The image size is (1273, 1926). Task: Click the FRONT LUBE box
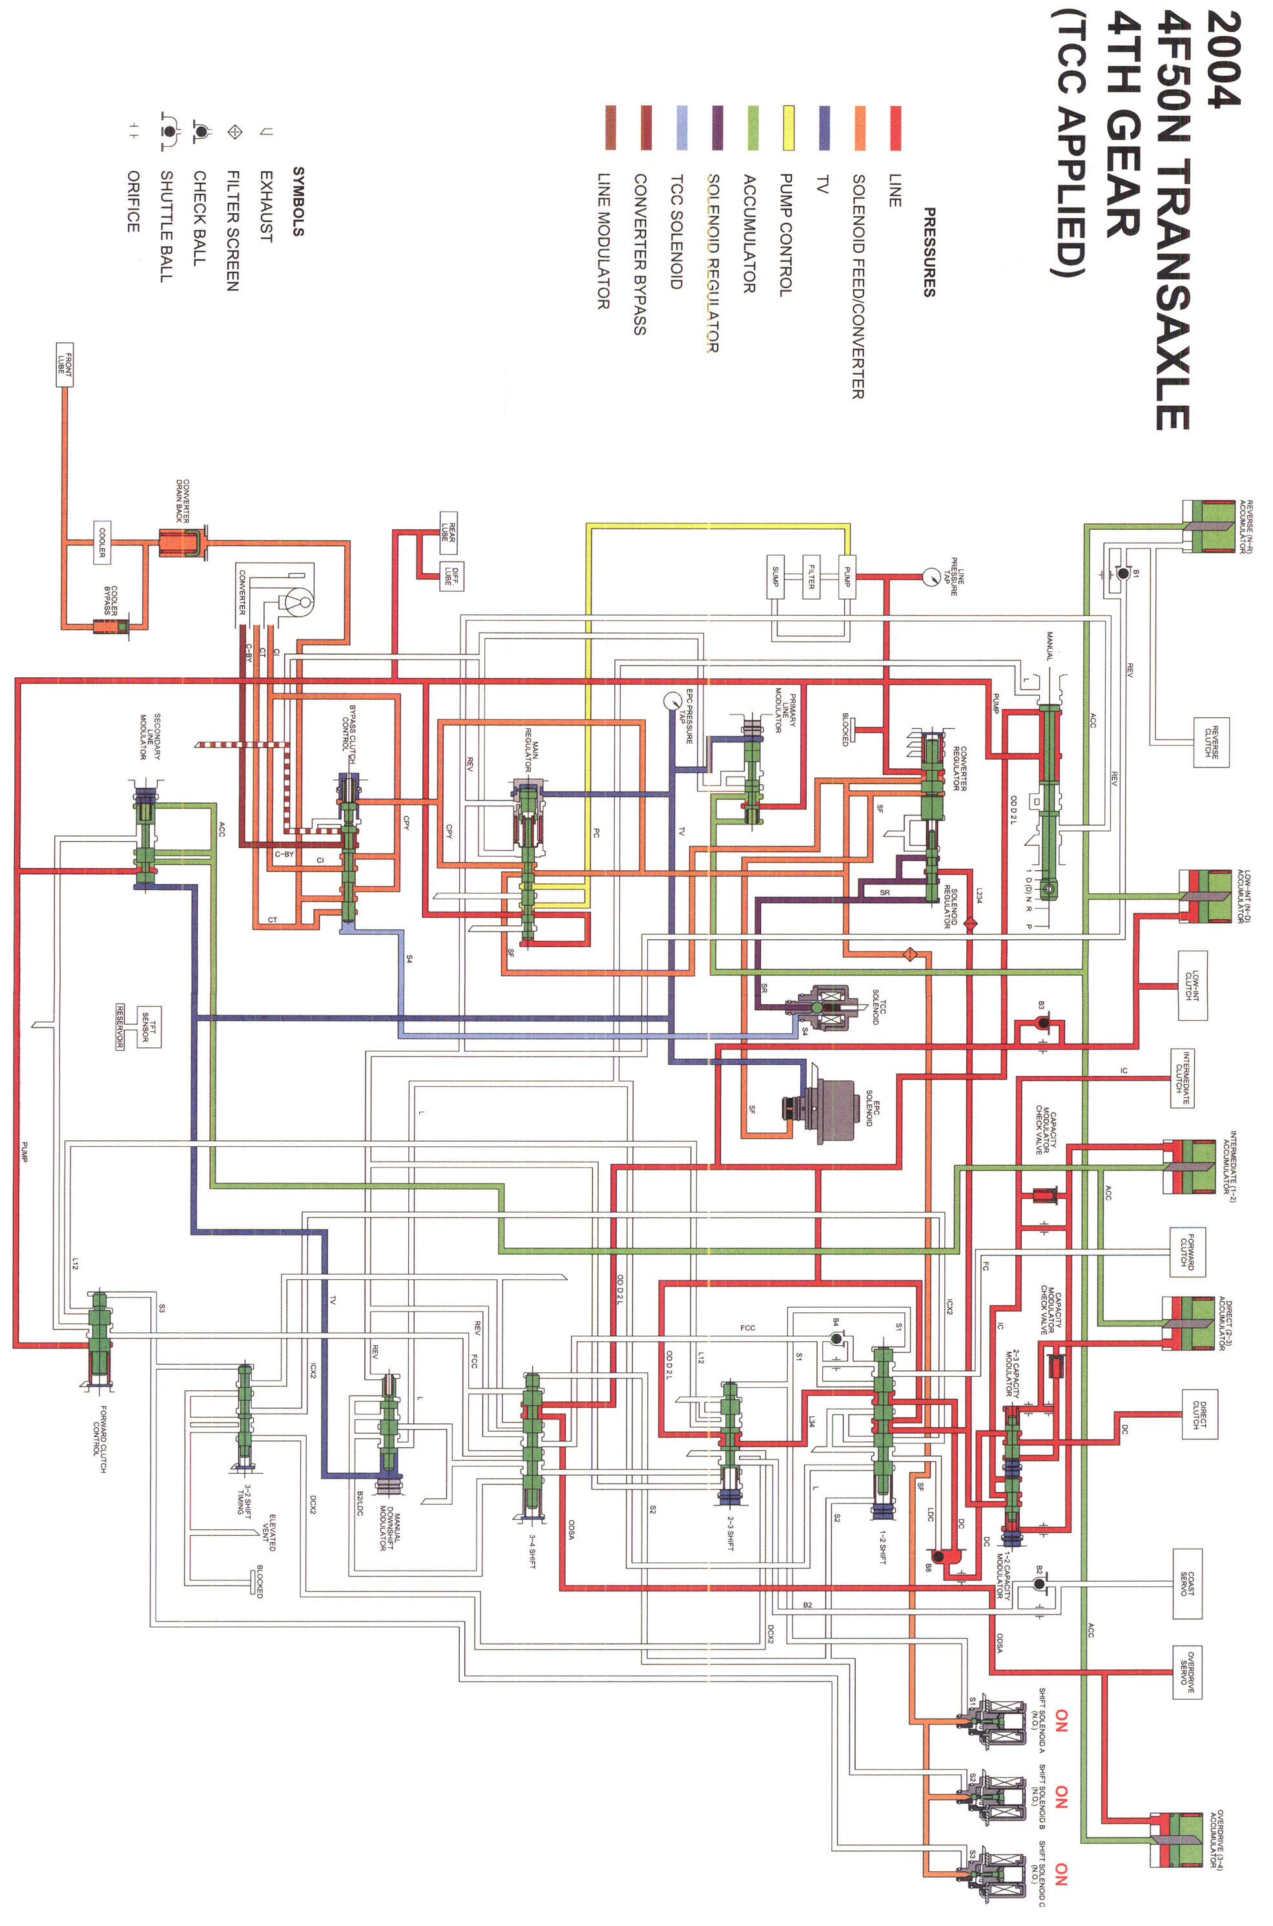[x=64, y=364]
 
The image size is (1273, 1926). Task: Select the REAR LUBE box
[x=448, y=532]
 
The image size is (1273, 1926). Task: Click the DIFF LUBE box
[x=451, y=576]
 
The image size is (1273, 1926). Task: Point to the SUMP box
[x=775, y=578]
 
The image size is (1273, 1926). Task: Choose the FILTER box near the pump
[x=811, y=578]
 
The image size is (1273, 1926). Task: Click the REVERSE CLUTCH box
[x=1210, y=741]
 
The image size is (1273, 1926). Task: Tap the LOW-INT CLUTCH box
[x=1192, y=985]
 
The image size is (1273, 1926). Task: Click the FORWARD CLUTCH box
[x=1187, y=1251]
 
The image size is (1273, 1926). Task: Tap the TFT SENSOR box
[x=149, y=1025]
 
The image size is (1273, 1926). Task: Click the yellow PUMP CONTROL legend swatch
[x=787, y=127]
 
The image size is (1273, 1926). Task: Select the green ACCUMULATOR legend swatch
[x=752, y=127]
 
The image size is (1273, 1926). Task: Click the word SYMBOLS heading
[x=298, y=202]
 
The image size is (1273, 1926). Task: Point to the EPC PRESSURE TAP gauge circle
[x=672, y=700]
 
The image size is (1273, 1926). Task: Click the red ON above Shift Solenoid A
[x=1061, y=1719]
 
